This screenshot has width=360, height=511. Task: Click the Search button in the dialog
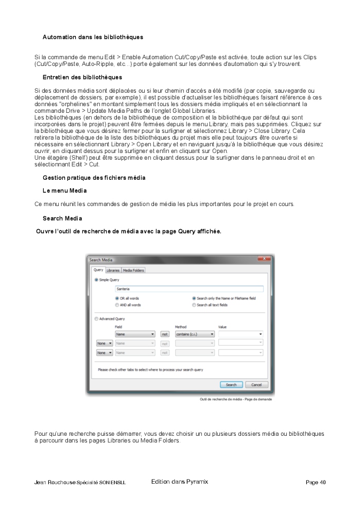point(231,385)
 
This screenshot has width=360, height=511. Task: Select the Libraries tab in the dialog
point(113,270)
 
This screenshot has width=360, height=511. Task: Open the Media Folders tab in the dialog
point(133,270)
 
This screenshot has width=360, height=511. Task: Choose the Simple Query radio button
point(96,280)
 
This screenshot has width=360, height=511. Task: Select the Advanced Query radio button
point(96,319)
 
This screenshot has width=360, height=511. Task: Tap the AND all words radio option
point(117,305)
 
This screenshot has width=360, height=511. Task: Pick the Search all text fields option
point(194,305)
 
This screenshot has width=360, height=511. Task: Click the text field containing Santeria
point(189,289)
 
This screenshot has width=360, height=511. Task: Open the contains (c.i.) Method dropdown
point(195,334)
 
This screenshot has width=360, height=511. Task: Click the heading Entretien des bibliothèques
point(82,77)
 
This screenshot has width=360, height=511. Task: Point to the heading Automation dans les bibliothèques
point(93,37)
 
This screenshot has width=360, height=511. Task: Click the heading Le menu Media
point(64,191)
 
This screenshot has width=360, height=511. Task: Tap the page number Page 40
point(315,483)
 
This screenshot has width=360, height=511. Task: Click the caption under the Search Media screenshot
point(235,399)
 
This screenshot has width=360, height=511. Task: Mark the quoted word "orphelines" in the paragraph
point(64,104)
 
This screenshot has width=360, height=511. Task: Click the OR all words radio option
point(117,298)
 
